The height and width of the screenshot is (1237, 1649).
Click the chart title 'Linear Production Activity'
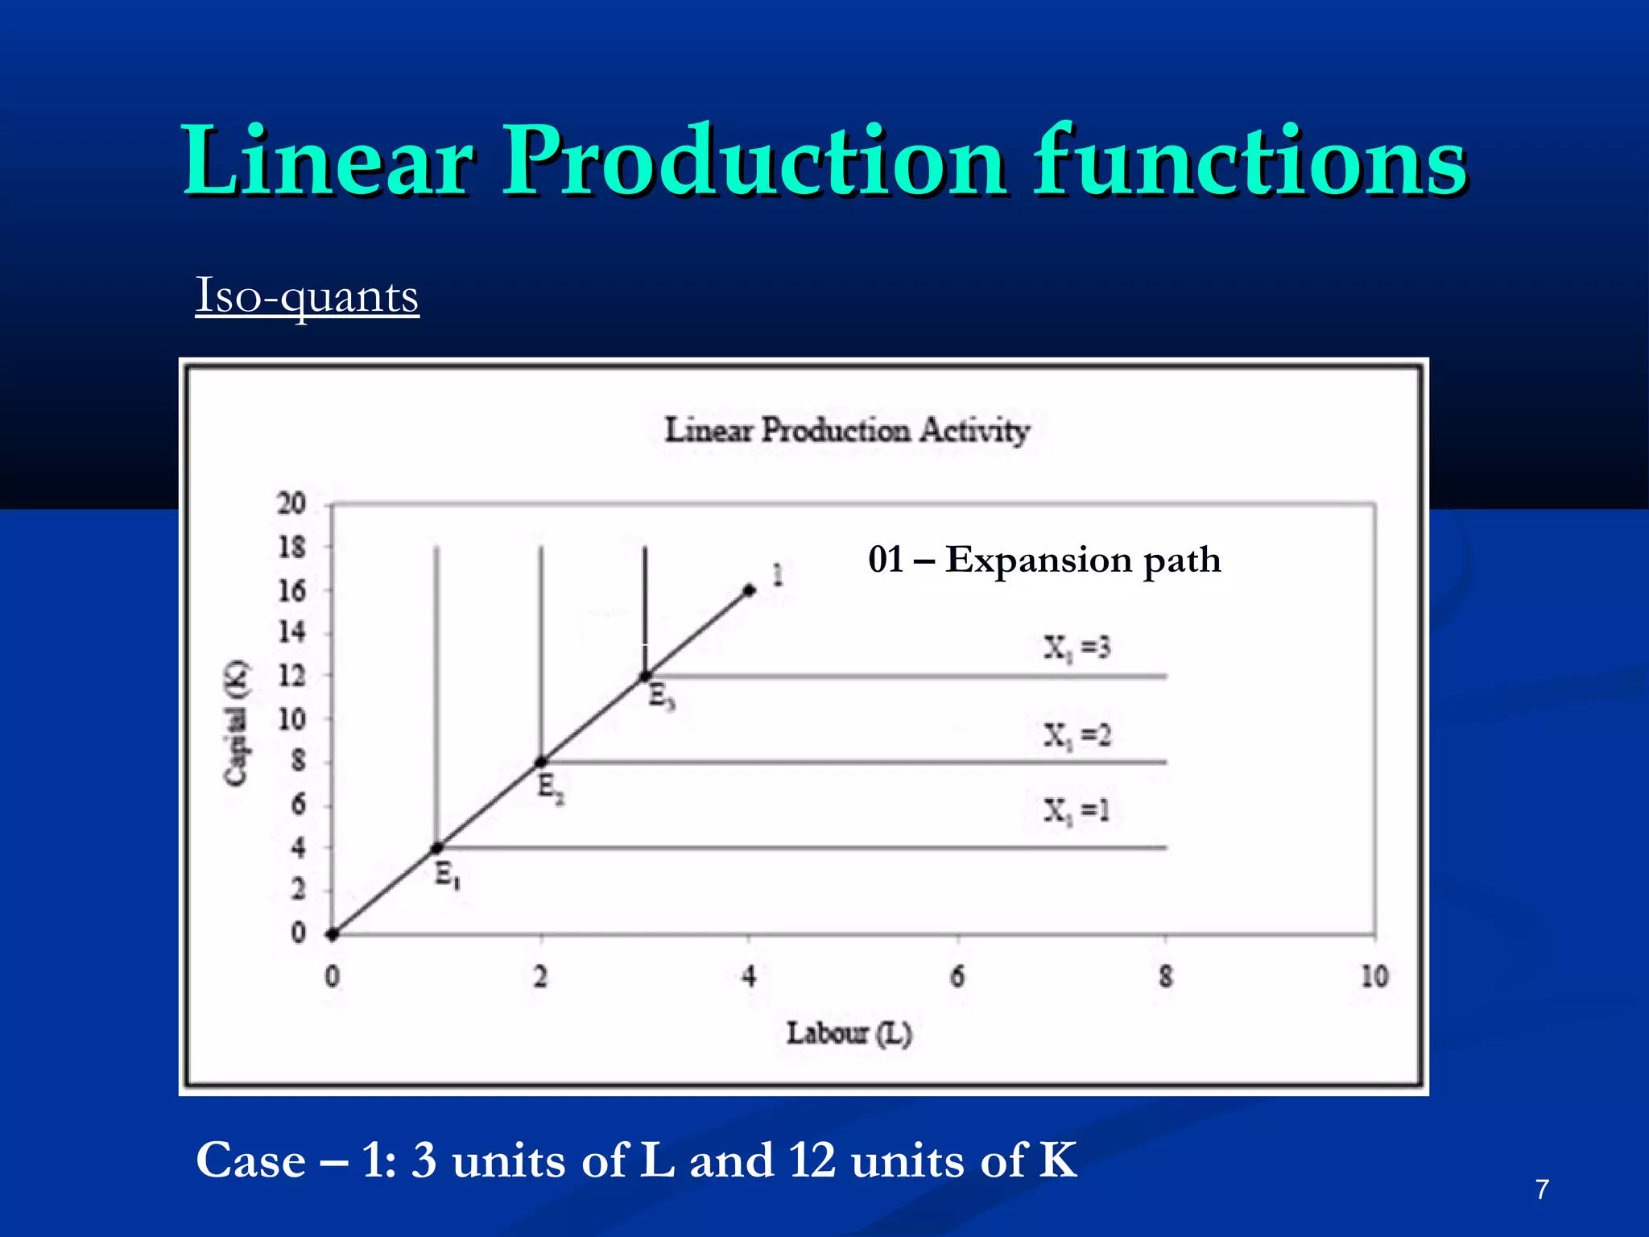[846, 431]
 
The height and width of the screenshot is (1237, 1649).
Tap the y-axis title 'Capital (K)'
[236, 722]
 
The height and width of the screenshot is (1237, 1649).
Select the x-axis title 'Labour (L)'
[849, 1033]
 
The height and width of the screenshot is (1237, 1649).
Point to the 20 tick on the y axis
[291, 504]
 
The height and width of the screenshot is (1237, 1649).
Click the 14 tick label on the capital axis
[291, 632]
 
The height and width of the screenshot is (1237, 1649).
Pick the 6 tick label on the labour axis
[957, 977]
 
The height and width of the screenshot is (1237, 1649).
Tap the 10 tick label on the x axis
[1374, 977]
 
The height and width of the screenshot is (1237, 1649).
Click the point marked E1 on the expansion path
[436, 848]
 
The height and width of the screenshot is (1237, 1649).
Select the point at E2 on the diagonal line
[541, 762]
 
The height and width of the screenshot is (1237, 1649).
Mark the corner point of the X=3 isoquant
[645, 676]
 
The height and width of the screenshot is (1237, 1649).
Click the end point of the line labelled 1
[750, 590]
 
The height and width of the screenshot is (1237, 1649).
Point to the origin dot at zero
[332, 934]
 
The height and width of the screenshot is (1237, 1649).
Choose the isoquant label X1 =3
[1077, 648]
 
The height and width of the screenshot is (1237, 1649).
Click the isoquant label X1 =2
[1077, 735]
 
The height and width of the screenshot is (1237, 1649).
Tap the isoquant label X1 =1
[1077, 810]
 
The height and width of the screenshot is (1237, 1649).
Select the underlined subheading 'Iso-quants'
[307, 296]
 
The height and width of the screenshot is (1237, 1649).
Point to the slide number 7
[1542, 1189]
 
